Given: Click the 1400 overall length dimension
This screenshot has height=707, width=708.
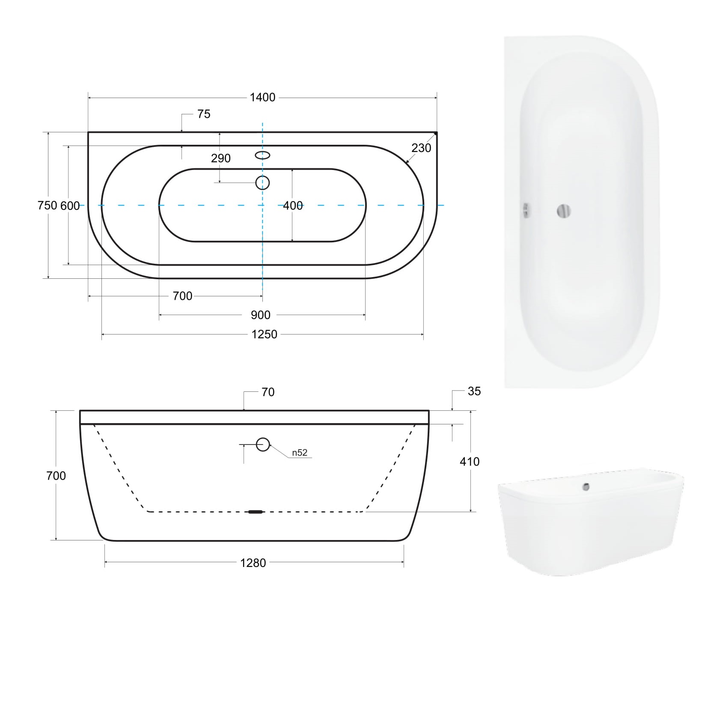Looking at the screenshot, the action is pyautogui.click(x=262, y=98).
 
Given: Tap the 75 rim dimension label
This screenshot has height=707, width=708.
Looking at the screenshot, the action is pyautogui.click(x=204, y=114).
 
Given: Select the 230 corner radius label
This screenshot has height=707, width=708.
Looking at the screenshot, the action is pyautogui.click(x=421, y=148).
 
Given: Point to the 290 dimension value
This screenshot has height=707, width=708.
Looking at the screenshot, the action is pyautogui.click(x=221, y=158).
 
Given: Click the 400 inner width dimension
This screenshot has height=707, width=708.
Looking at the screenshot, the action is pyautogui.click(x=293, y=206).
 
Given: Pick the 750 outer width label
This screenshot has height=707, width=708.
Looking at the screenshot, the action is pyautogui.click(x=47, y=206).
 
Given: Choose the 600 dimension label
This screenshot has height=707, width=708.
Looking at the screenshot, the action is pyautogui.click(x=70, y=206).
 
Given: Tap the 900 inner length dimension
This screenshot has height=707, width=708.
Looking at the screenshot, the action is pyautogui.click(x=261, y=315).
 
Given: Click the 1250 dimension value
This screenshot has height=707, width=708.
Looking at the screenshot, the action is pyautogui.click(x=264, y=334).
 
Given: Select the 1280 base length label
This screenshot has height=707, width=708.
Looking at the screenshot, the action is pyautogui.click(x=253, y=563).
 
